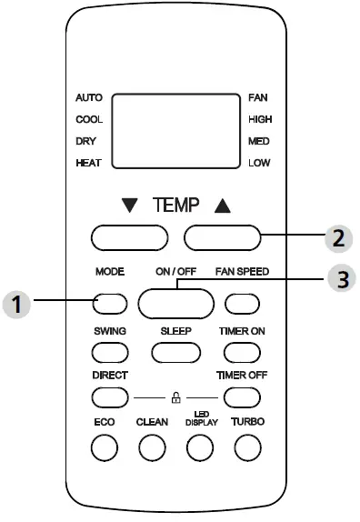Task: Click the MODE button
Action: click(108, 304)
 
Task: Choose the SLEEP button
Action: click(175, 351)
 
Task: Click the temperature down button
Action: click(129, 238)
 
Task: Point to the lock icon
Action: click(175, 397)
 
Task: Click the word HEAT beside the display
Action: click(89, 163)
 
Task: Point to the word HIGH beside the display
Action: click(260, 119)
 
